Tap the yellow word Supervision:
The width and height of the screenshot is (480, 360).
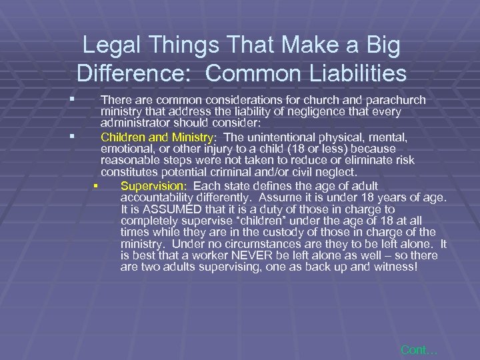(154, 186)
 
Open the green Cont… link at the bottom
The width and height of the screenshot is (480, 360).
(418, 349)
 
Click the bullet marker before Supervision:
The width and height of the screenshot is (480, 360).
(96, 186)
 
